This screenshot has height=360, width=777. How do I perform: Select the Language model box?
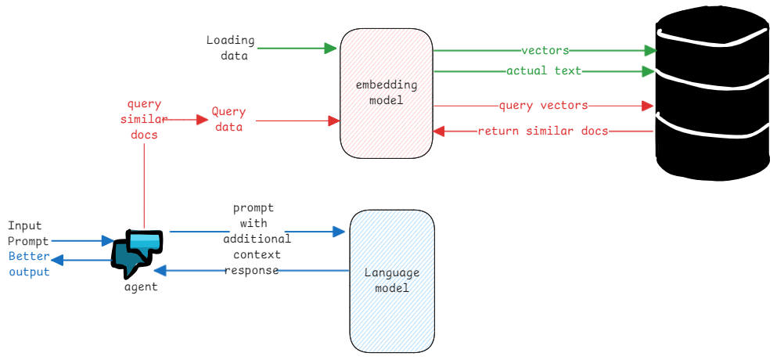(x=392, y=280)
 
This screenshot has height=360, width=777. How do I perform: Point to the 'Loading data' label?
(x=230, y=48)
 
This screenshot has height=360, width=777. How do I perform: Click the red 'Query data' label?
(x=228, y=119)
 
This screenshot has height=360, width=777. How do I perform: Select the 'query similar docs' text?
(x=144, y=119)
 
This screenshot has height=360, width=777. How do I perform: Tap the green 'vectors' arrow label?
(x=545, y=50)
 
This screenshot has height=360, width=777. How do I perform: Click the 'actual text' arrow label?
(x=544, y=71)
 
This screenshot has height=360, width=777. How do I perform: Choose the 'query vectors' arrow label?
(x=543, y=105)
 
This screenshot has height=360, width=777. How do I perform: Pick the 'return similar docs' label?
(x=543, y=131)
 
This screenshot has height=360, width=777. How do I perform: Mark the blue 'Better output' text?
(x=29, y=264)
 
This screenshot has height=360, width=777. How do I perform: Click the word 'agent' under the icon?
(x=141, y=286)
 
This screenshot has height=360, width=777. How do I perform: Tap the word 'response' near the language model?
(x=253, y=270)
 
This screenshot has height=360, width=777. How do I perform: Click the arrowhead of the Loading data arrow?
(x=331, y=49)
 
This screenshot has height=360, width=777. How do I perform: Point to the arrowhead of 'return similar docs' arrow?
(x=439, y=131)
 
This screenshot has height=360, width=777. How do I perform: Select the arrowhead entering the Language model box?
(x=339, y=232)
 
